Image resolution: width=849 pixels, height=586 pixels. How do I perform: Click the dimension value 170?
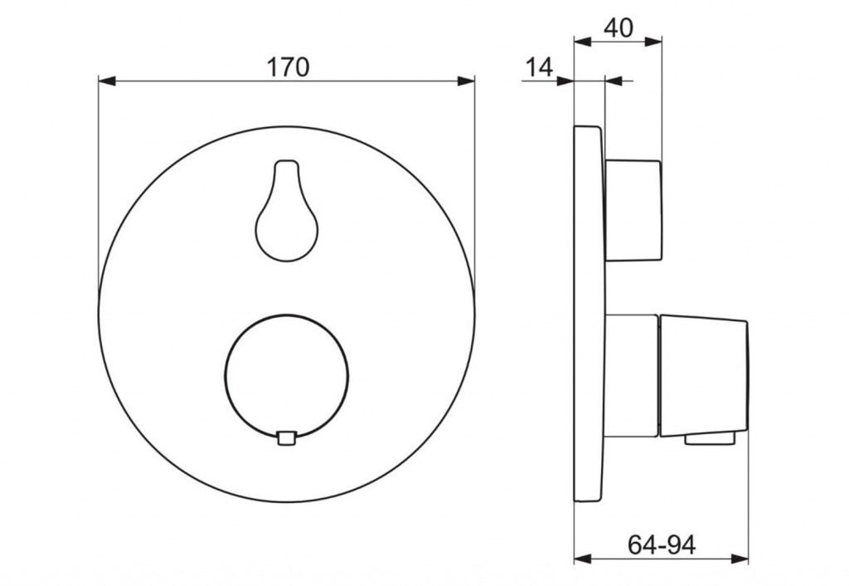(288, 67)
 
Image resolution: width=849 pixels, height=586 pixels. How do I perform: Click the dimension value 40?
(618, 27)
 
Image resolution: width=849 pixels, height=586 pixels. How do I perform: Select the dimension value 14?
(539, 68)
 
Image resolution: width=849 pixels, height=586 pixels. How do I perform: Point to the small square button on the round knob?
(286, 438)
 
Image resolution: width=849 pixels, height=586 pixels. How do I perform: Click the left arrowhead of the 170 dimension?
(107, 81)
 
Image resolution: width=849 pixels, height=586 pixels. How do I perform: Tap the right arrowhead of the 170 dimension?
(466, 81)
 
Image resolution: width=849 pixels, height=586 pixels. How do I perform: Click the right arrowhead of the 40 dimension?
(653, 42)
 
